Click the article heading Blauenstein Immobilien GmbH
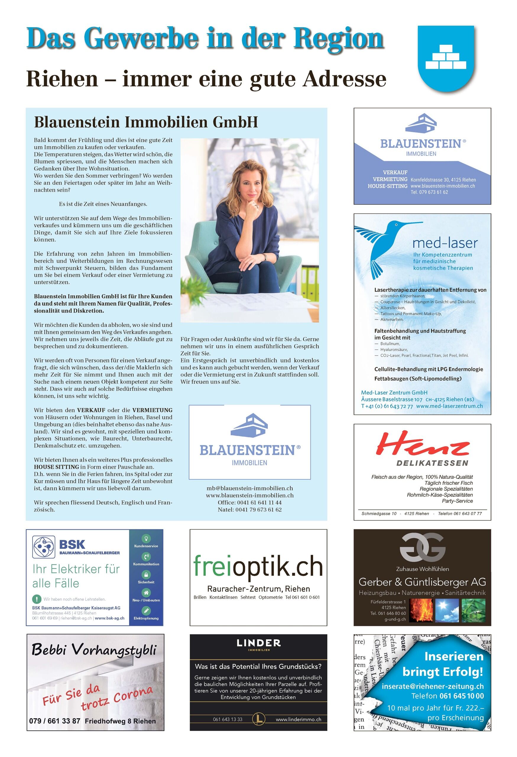[146, 122]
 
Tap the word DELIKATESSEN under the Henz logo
[432, 463]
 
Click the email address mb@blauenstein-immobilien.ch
[250, 488]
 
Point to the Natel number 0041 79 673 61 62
[250, 510]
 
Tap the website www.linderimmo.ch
[298, 719]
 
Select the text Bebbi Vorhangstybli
[94, 651]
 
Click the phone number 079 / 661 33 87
[55, 721]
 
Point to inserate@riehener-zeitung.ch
[432, 686]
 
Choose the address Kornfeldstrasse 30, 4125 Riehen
[443, 180]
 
